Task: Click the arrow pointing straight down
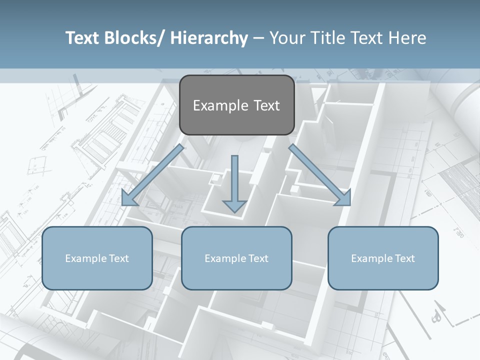[234, 182]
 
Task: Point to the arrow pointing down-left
[152, 175]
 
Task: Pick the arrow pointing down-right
[320, 175]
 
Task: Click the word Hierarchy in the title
[209, 38]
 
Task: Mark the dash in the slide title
[258, 38]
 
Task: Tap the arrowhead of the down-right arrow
[343, 198]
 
